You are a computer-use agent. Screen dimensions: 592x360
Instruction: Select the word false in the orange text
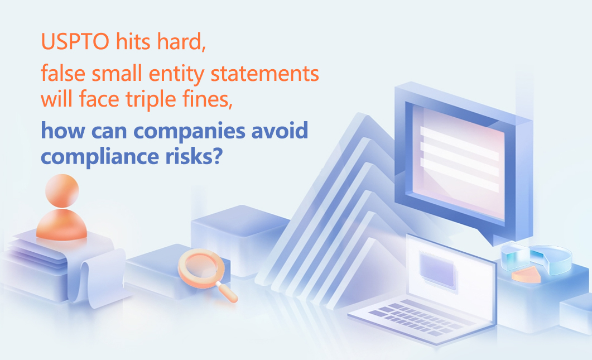tap(63, 73)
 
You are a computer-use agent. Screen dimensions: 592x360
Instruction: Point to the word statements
tap(264, 74)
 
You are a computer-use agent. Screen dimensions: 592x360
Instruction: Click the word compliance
tap(99, 156)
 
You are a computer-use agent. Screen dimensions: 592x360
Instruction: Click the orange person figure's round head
tap(62, 191)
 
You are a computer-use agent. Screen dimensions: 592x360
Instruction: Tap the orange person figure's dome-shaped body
tap(61, 224)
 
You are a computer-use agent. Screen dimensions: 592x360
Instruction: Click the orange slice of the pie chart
tap(526, 275)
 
